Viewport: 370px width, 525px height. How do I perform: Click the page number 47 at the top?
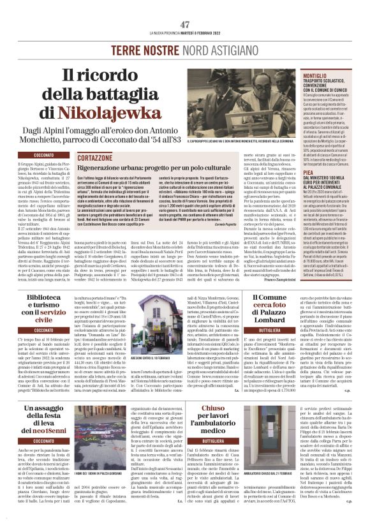click(186, 24)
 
